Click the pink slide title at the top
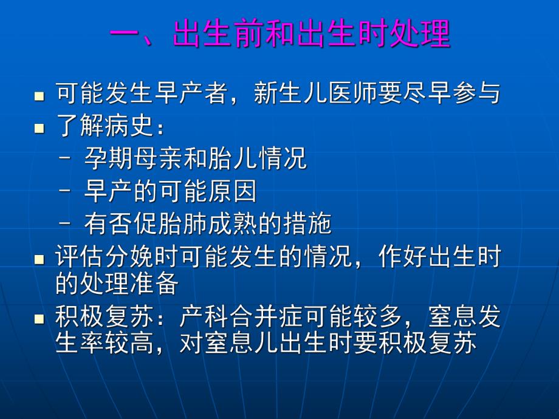(x=280, y=34)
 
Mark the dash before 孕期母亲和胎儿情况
(x=67, y=160)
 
